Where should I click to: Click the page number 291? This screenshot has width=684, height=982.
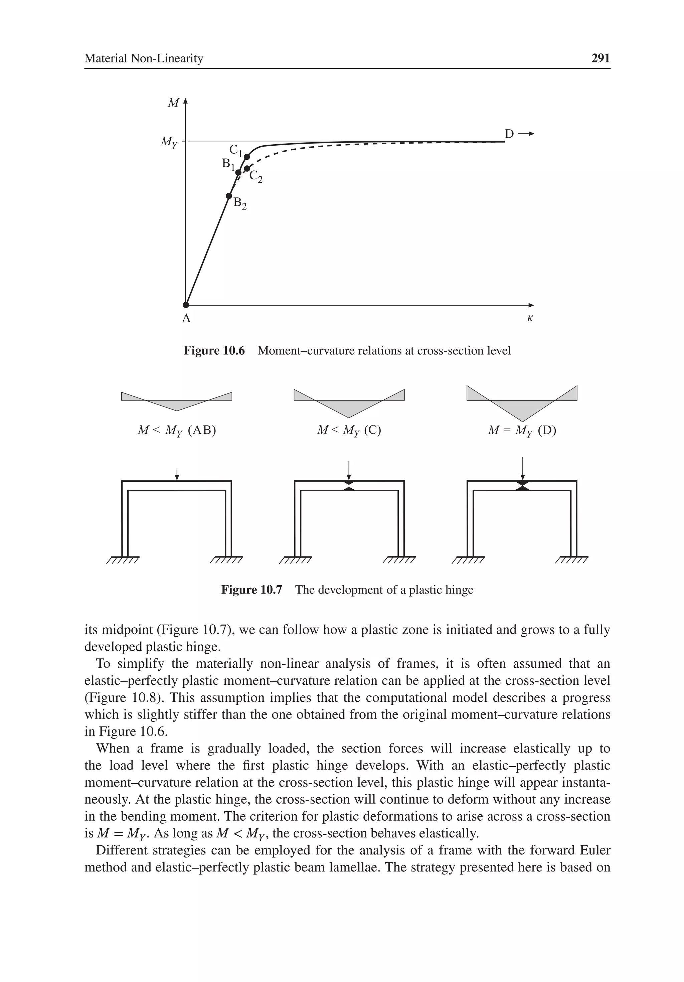tap(600, 58)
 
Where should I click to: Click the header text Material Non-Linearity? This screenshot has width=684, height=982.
tap(144, 58)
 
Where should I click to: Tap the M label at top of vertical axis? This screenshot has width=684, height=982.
tap(173, 103)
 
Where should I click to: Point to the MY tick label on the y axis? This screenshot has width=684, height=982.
tap(169, 142)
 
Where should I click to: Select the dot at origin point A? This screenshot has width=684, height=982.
tap(186, 305)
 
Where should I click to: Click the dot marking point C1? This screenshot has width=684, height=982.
tap(247, 157)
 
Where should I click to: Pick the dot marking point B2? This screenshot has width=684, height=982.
tap(229, 196)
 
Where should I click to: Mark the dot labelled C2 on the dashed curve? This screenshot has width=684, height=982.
tap(247, 169)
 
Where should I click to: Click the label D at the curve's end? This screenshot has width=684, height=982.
tap(509, 134)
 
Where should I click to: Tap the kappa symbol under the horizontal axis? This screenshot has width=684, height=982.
tap(530, 318)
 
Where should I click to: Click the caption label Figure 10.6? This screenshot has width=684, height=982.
tap(214, 351)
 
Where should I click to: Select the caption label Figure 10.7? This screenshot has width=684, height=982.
tap(251, 590)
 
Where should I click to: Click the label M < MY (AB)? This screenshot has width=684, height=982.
tap(177, 430)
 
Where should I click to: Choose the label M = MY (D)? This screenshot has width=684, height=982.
tap(522, 430)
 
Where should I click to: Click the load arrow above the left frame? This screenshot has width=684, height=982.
tap(177, 474)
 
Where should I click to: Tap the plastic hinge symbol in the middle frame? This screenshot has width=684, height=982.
tap(349, 485)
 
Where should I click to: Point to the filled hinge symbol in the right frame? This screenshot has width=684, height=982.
tap(522, 485)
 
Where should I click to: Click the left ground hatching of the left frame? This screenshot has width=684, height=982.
tap(123, 560)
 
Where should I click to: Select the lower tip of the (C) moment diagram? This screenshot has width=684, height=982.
tap(349, 417)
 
